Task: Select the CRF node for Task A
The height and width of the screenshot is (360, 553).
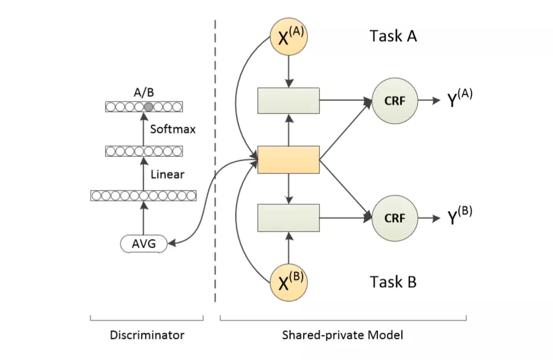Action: click(x=394, y=100)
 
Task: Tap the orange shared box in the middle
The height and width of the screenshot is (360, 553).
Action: click(x=288, y=159)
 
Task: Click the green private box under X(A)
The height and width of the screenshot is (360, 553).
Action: click(x=288, y=100)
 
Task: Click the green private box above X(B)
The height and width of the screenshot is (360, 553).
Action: click(x=288, y=217)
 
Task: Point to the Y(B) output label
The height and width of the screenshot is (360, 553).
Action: click(x=459, y=217)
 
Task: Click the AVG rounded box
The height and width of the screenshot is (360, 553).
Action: click(x=143, y=244)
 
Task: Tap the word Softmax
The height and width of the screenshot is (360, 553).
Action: click(x=172, y=129)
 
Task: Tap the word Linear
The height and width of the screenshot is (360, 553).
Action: click(x=167, y=174)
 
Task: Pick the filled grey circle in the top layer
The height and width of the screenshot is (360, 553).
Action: click(x=148, y=107)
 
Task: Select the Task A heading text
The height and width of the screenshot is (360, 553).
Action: click(x=393, y=37)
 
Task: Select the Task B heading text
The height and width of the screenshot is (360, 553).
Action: click(x=393, y=282)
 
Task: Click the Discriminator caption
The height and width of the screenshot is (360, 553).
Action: click(x=147, y=335)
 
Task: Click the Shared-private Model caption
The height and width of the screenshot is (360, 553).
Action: click(x=342, y=335)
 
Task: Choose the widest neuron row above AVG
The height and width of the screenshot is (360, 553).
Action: click(x=143, y=196)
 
